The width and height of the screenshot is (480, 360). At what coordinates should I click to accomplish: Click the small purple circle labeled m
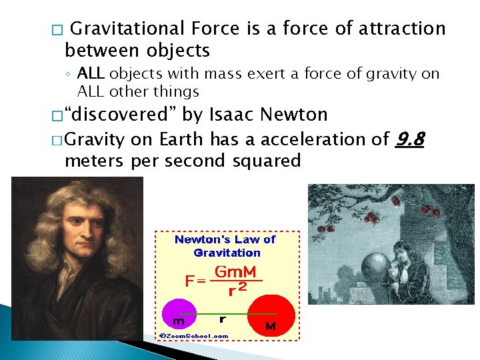click(178, 311)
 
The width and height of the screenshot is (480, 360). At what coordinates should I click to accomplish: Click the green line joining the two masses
click(223, 311)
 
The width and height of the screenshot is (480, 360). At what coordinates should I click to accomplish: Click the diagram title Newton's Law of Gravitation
click(225, 245)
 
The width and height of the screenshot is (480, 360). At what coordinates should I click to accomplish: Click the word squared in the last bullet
click(267, 161)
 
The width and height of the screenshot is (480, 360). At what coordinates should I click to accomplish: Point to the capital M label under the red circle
click(271, 327)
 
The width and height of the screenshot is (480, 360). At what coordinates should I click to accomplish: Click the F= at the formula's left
click(195, 281)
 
